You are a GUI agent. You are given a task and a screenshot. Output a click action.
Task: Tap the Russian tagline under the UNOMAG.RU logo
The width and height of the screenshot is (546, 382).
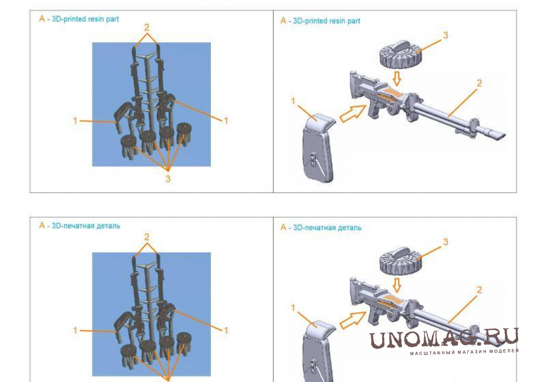click(x=464, y=352)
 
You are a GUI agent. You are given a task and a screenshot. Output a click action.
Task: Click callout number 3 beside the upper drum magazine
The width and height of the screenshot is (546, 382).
click(x=445, y=35)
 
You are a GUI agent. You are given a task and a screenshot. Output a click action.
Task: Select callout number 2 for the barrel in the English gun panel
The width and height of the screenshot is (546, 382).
click(x=479, y=83)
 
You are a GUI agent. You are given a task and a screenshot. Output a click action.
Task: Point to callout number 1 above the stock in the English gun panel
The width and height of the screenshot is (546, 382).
click(x=293, y=101)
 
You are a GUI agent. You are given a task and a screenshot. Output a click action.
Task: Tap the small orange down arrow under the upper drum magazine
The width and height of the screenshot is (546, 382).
click(x=397, y=79)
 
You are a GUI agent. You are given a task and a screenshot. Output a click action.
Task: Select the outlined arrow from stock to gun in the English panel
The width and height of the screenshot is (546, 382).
click(x=353, y=114)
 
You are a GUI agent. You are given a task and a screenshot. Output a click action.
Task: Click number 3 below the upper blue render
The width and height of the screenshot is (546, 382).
click(x=168, y=179)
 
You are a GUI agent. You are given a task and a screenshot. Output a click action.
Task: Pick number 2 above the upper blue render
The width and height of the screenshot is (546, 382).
click(x=147, y=27)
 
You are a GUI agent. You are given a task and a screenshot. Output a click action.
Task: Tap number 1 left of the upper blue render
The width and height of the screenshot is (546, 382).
click(x=75, y=121)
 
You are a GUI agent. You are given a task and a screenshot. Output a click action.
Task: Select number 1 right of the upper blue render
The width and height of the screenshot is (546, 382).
click(x=226, y=121)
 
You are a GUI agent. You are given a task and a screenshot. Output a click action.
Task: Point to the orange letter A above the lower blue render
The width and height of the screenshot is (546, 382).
click(x=42, y=225)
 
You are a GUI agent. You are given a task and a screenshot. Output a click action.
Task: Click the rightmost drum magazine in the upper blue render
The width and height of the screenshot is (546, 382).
click(x=184, y=132)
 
